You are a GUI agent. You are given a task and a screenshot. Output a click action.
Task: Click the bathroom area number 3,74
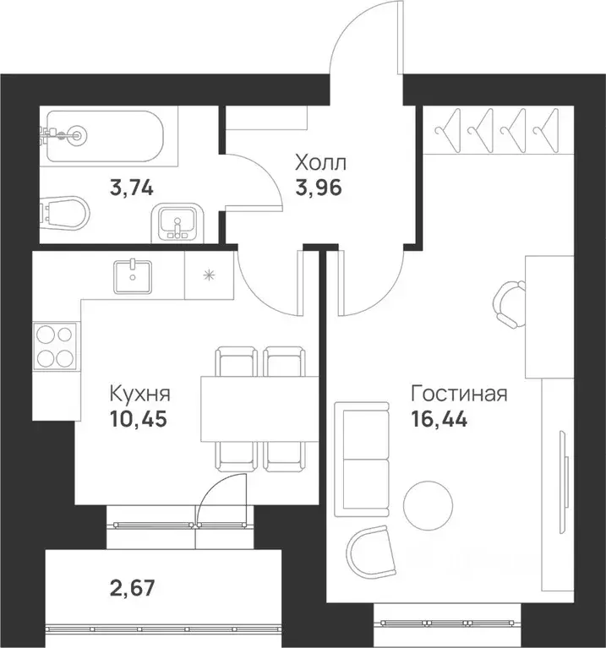(131, 188)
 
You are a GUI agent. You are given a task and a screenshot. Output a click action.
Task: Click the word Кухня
(140, 394)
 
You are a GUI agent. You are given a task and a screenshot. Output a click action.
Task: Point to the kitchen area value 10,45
(139, 419)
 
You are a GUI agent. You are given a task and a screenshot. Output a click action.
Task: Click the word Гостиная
(458, 394)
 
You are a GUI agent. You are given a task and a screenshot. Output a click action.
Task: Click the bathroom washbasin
(177, 222)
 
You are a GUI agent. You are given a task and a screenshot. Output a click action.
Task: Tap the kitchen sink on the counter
(133, 275)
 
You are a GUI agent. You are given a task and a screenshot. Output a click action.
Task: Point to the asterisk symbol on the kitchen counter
(209, 275)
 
